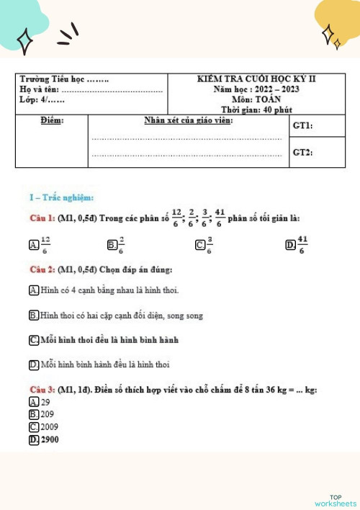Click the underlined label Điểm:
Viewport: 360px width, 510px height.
(52, 120)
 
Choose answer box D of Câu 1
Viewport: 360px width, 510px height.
(289, 246)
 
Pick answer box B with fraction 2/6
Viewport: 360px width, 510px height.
(111, 246)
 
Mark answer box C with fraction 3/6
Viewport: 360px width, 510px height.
(199, 246)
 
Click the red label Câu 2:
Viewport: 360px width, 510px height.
(42, 269)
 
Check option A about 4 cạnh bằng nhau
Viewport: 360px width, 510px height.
(34, 290)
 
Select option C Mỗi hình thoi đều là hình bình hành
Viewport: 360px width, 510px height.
(34, 339)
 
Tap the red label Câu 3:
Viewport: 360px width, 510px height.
(42, 390)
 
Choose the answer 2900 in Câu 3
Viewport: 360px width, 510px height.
(34, 439)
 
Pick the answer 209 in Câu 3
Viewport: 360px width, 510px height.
(34, 414)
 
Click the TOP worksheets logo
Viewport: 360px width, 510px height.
(336, 500)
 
